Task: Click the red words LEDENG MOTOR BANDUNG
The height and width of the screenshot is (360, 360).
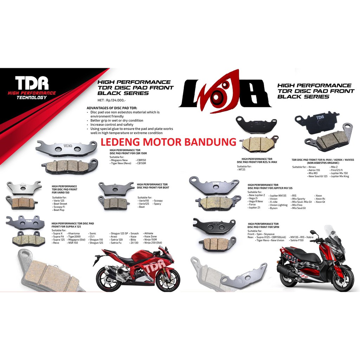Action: click(168, 142)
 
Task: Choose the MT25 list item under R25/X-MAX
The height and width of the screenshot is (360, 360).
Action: click(242, 169)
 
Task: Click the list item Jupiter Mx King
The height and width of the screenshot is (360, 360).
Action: click(340, 176)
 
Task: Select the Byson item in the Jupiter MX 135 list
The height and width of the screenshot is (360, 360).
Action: click(274, 208)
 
